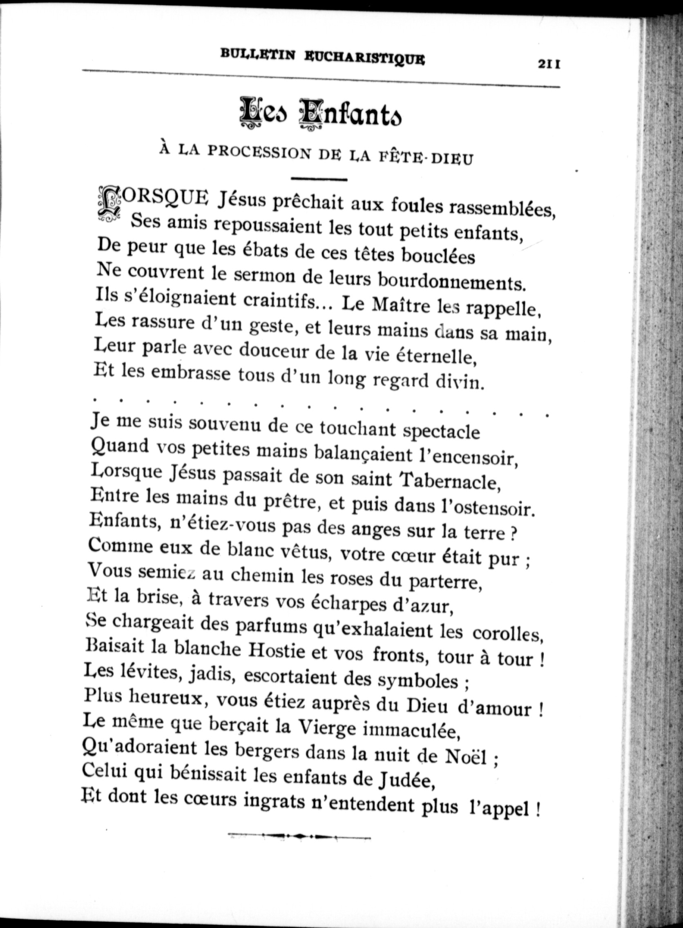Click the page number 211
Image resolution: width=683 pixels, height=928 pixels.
pos(549,64)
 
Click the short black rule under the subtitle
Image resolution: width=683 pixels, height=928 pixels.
pos(319,179)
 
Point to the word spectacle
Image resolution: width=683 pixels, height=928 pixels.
pos(441,431)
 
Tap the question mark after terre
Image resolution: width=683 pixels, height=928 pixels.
pos(513,534)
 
